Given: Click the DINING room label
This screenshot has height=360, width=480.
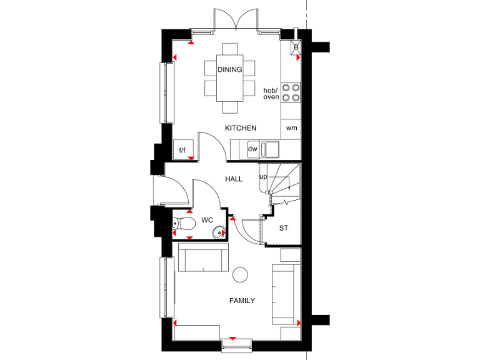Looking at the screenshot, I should coord(229,69).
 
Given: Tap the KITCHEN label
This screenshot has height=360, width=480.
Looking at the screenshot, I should coord(241,128).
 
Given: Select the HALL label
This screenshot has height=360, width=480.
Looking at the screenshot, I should coord(234,179).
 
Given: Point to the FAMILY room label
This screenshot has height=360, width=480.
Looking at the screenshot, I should coord(242,301).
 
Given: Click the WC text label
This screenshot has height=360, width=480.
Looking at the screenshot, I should coord(207,221).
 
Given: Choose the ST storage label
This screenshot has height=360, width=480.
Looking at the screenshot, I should coord(284,228).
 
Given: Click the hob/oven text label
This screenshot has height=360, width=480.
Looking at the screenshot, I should coord(271,94).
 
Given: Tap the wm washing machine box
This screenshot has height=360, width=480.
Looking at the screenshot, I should coord(291,128).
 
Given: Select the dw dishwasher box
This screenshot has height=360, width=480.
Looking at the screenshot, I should coord(252,149).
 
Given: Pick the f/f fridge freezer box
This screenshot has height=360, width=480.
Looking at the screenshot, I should coord(183,149).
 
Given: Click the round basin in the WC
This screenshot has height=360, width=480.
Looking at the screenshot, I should coord(218,232).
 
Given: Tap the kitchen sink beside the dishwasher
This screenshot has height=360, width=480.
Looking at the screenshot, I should coord(271,149).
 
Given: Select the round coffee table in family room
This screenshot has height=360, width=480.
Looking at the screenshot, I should coord(240,274).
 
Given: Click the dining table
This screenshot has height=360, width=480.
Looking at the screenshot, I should coord(230,78).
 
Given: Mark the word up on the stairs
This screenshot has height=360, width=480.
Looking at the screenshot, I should coord(263,177).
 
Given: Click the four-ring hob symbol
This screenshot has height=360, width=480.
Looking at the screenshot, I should coord(291,92).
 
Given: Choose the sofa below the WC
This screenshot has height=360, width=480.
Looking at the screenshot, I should coord(203,258).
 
